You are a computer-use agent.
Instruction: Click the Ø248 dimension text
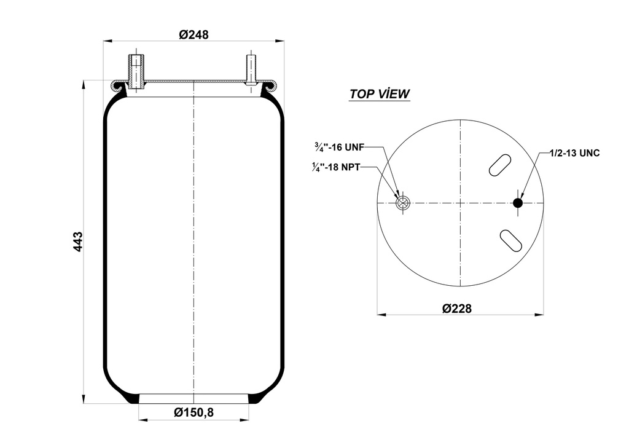pos(193,35)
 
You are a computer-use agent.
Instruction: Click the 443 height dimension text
pos(77,241)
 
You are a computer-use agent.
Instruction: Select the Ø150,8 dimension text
pos(193,412)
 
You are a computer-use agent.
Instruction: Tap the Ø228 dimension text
pos(457,308)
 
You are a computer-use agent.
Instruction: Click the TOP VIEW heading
pos(380,94)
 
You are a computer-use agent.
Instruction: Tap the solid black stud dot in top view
pos(518,203)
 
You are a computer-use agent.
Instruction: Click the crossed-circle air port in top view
pos(403,203)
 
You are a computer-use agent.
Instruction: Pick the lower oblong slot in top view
pos(510,240)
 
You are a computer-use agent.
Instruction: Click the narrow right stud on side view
pos(251,69)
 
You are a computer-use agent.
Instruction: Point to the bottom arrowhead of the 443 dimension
pos(83,400)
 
